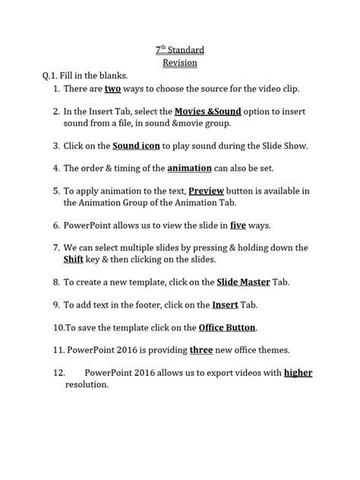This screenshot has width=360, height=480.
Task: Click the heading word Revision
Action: click(x=180, y=63)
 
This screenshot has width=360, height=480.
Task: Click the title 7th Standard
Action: click(x=180, y=50)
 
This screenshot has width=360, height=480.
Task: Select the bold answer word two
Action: click(x=113, y=89)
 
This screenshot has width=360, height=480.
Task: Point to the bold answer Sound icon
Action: click(x=137, y=145)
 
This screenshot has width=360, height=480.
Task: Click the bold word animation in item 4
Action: click(x=168, y=168)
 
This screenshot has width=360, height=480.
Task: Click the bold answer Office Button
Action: click(x=227, y=327)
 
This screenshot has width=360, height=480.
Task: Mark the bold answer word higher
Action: click(x=298, y=373)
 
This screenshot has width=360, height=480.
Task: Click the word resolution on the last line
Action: click(x=87, y=384)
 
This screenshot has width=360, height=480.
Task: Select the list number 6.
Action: click(x=56, y=225)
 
